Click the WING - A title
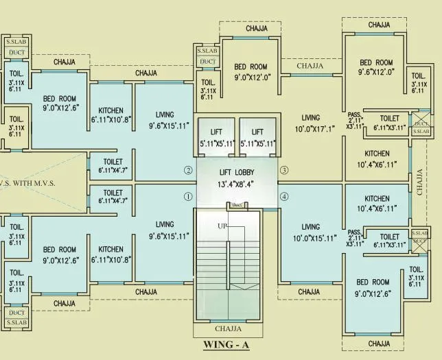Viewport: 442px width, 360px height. click(x=226, y=346)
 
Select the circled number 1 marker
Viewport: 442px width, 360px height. click(x=187, y=196)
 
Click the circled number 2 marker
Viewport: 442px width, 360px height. click(x=187, y=170)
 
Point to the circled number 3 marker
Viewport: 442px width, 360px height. click(x=283, y=170)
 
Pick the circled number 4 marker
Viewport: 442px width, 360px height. click(x=283, y=197)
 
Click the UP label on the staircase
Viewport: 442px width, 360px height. click(x=222, y=226)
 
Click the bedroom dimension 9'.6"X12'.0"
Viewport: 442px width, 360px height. click(x=376, y=71)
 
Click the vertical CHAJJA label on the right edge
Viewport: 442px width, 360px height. click(x=419, y=182)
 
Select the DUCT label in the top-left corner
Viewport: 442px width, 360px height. click(x=16, y=51)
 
